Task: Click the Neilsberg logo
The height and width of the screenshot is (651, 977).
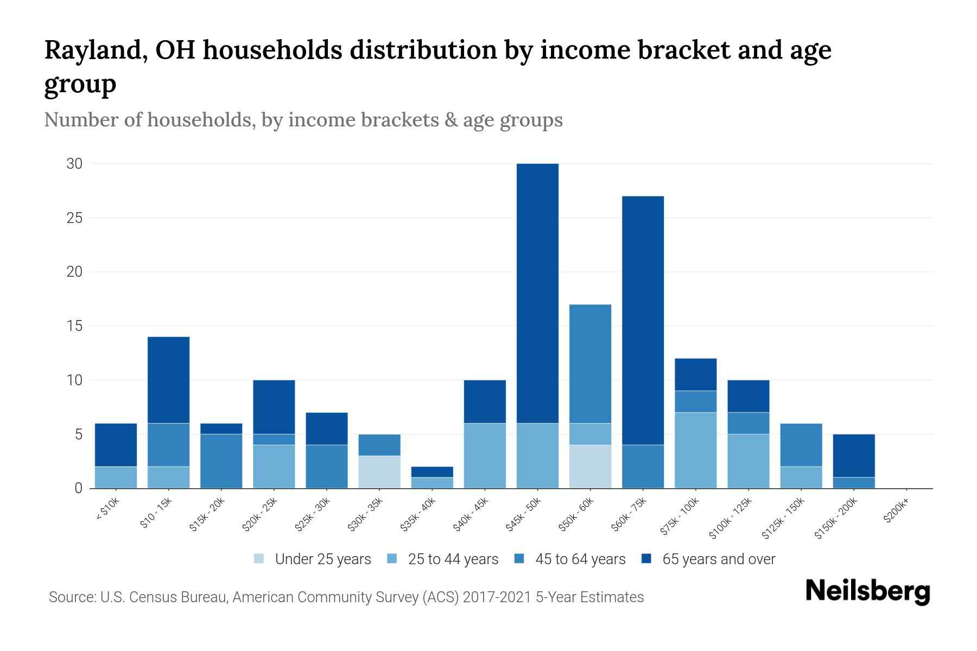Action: pyautogui.click(x=867, y=591)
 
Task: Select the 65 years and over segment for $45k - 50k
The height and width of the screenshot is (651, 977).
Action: pyautogui.click(x=537, y=293)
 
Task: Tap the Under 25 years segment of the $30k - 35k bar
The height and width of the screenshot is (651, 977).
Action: pyautogui.click(x=379, y=472)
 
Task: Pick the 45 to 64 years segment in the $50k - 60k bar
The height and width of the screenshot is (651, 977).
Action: pyautogui.click(x=590, y=363)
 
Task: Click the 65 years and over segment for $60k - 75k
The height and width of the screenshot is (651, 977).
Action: pyautogui.click(x=643, y=320)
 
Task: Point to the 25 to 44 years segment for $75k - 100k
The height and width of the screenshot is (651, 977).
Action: pyautogui.click(x=695, y=450)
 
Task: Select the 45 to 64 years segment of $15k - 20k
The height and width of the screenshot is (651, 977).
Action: pyautogui.click(x=221, y=461)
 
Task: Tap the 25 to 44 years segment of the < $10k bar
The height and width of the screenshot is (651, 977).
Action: pyautogui.click(x=116, y=477)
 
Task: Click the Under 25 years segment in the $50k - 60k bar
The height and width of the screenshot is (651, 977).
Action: pyautogui.click(x=590, y=467)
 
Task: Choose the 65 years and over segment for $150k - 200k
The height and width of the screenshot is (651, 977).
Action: pyautogui.click(x=854, y=456)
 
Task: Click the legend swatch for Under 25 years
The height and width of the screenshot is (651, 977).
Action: pyautogui.click(x=259, y=559)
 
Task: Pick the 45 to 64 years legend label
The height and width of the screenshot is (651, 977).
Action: pyautogui.click(x=580, y=559)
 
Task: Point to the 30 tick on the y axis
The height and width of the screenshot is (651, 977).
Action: pyautogui.click(x=74, y=163)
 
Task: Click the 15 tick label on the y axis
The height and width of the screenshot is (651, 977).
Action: pyautogui.click(x=74, y=326)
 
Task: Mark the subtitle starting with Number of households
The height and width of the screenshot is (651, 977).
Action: pyautogui.click(x=303, y=120)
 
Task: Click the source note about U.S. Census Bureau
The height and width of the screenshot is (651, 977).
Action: pyautogui.click(x=346, y=597)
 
